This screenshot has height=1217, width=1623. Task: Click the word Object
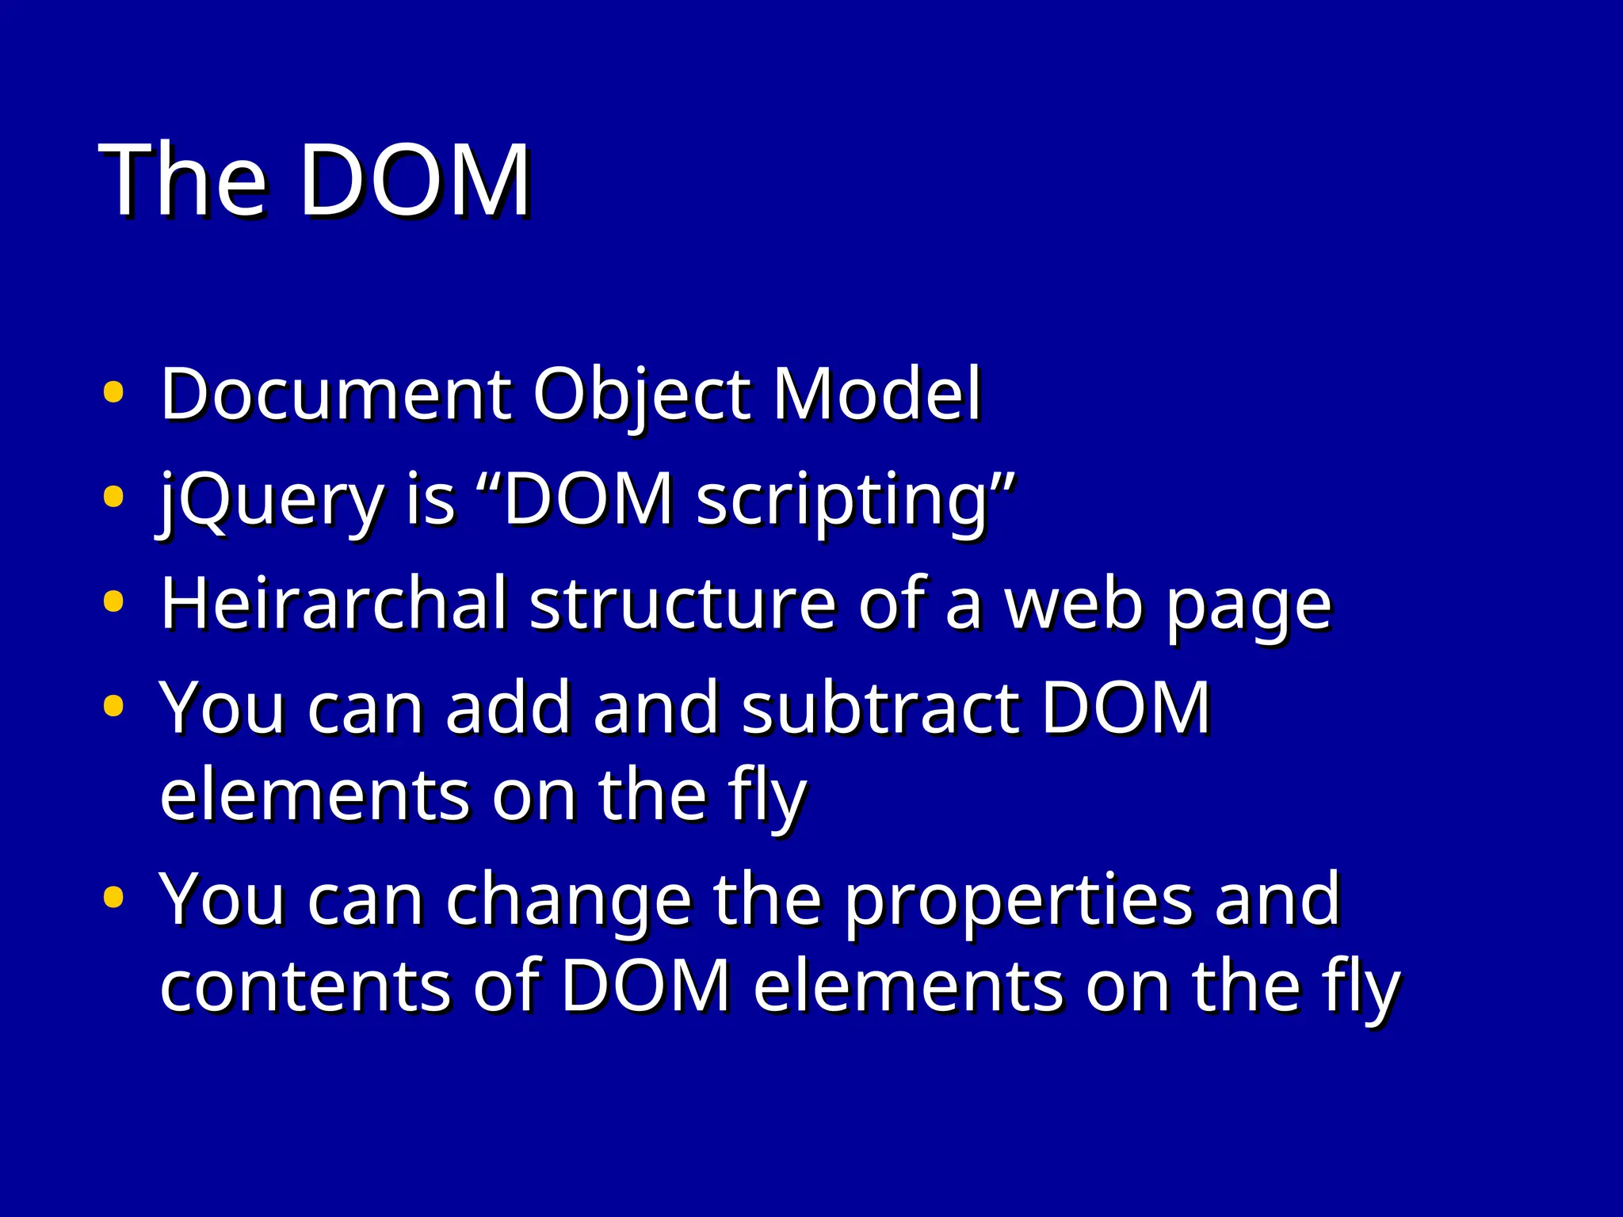click(x=641, y=395)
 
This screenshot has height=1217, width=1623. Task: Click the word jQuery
click(x=269, y=501)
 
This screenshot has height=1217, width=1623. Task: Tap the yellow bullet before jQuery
click(x=113, y=497)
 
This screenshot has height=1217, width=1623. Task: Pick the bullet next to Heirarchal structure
click(x=113, y=601)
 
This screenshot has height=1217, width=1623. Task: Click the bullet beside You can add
click(x=113, y=705)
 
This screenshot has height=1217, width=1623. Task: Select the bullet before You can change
click(x=113, y=897)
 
